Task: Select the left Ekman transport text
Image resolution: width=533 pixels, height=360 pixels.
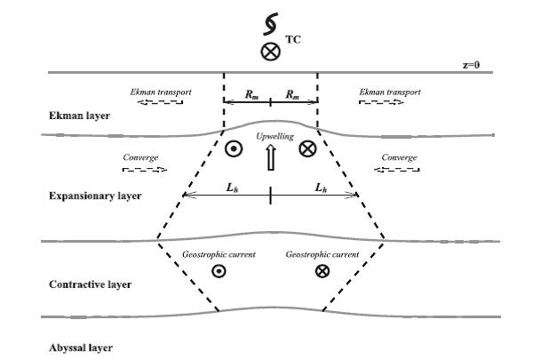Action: [161, 91]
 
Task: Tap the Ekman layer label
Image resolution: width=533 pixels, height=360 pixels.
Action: [70, 116]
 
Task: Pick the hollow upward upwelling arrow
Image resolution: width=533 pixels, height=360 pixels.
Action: [270, 157]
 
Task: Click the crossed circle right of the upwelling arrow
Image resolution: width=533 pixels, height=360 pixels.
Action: [307, 149]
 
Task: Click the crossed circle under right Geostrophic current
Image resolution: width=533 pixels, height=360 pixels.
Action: [322, 270]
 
